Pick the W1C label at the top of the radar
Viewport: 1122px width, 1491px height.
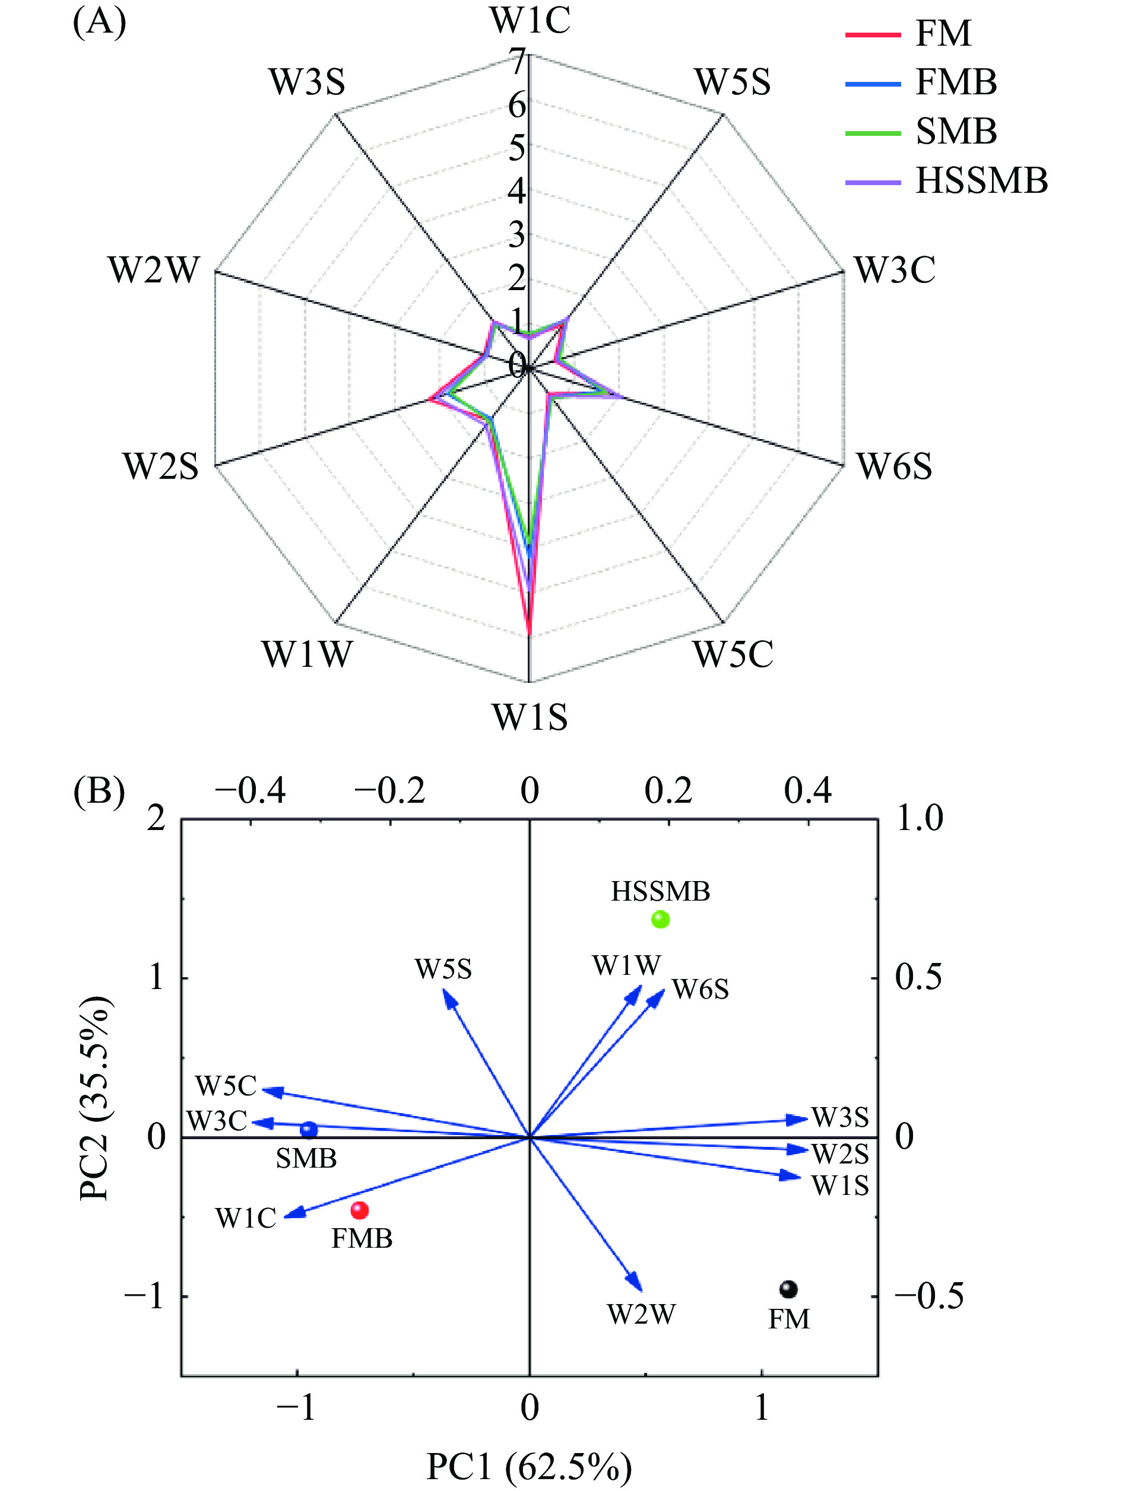click(x=530, y=20)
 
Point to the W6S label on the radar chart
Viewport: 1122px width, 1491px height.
click(x=894, y=466)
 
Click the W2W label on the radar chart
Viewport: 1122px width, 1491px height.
click(x=154, y=271)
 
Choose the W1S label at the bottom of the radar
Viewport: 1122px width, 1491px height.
click(x=530, y=717)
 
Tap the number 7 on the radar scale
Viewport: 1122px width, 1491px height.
click(x=518, y=62)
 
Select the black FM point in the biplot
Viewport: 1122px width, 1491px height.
click(x=788, y=1289)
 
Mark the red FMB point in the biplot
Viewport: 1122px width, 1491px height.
click(x=360, y=1210)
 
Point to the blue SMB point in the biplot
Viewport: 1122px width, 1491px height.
click(x=309, y=1130)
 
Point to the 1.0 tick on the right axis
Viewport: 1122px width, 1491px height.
click(x=920, y=819)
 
